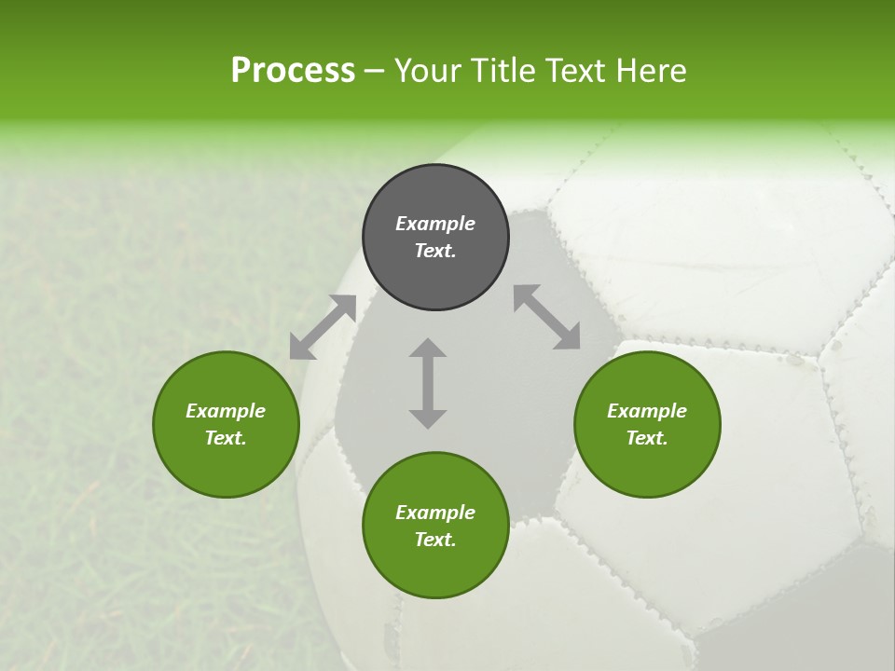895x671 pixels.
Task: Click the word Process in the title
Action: click(293, 71)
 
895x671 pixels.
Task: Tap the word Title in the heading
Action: click(507, 71)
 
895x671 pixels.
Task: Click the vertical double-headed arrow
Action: click(428, 383)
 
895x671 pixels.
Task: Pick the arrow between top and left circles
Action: click(324, 327)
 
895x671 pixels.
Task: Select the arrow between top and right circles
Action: click(547, 318)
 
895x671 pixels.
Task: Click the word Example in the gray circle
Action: click(435, 224)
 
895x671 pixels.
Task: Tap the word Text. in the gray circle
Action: click(435, 251)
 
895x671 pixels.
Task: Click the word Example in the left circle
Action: click(226, 411)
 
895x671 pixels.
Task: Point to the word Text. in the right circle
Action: click(647, 438)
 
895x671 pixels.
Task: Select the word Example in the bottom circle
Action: click(435, 513)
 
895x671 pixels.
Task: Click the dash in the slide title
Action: click(375, 71)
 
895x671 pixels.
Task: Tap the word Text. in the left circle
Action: click(226, 438)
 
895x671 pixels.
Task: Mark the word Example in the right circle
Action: click(647, 411)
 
